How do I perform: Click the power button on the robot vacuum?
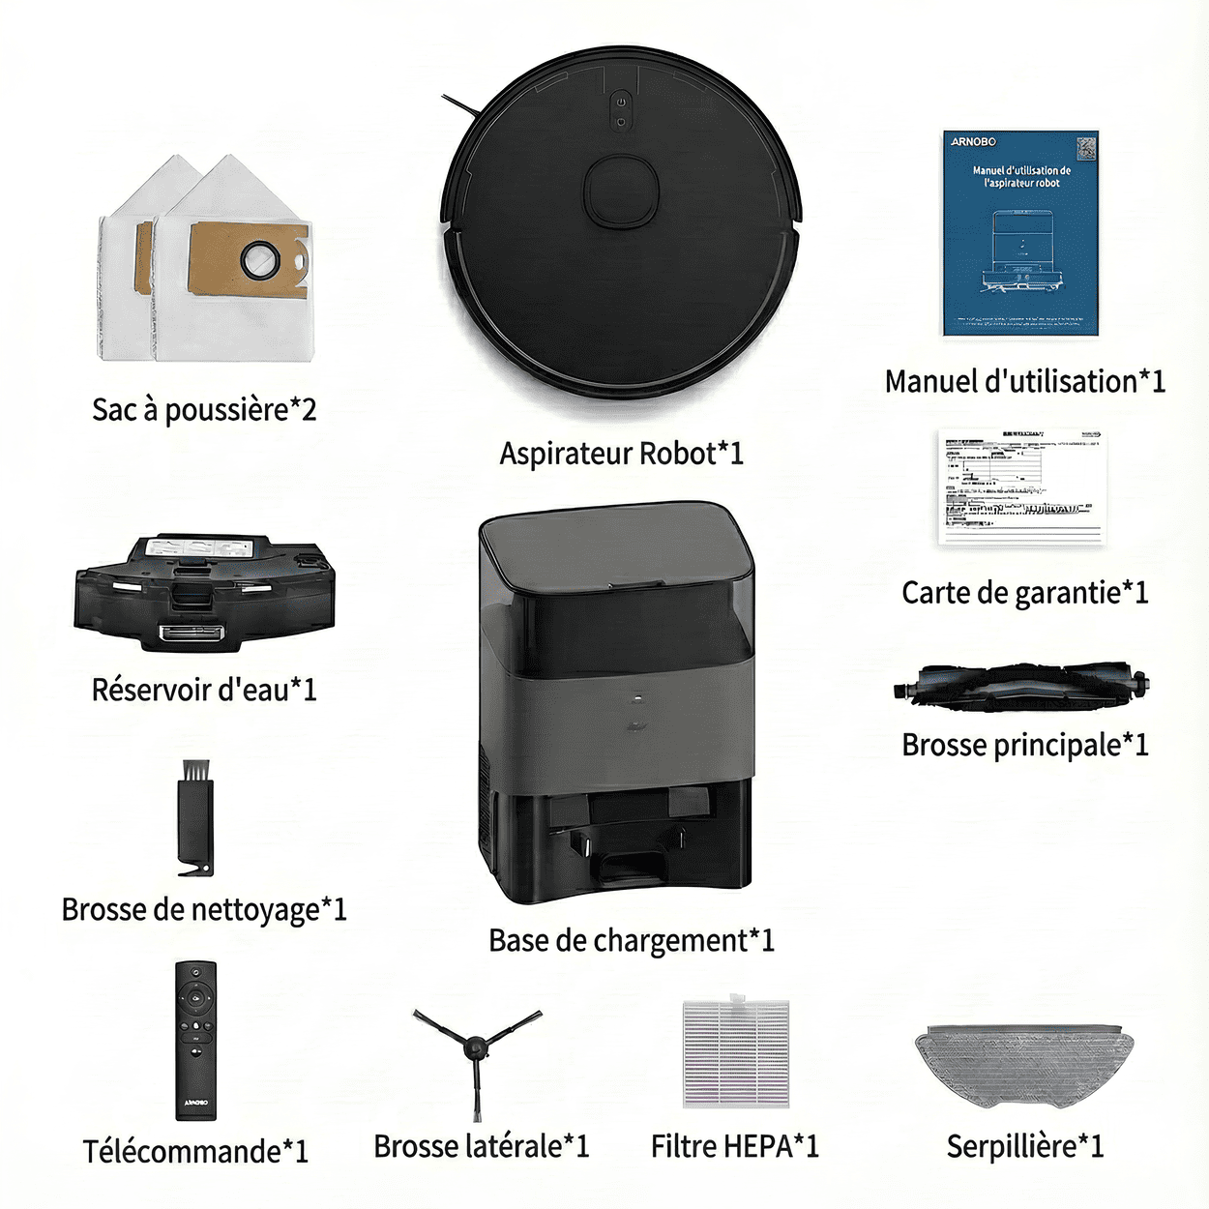[x=621, y=102]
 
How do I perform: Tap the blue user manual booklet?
[x=1021, y=233]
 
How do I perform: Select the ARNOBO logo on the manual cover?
[x=973, y=141]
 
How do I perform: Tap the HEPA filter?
[x=736, y=1052]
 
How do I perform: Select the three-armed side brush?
[x=476, y=1049]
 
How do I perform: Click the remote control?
[x=195, y=1040]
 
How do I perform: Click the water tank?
[x=205, y=592]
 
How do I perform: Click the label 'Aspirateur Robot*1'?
[x=621, y=453]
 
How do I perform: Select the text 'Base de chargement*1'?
[x=631, y=940]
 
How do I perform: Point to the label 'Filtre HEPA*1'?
[x=735, y=1146]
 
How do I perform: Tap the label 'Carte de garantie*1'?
[x=1025, y=592]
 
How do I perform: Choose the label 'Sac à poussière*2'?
[x=204, y=409]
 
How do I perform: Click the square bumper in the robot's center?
[x=622, y=191]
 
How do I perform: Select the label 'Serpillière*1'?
[x=1024, y=1146]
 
